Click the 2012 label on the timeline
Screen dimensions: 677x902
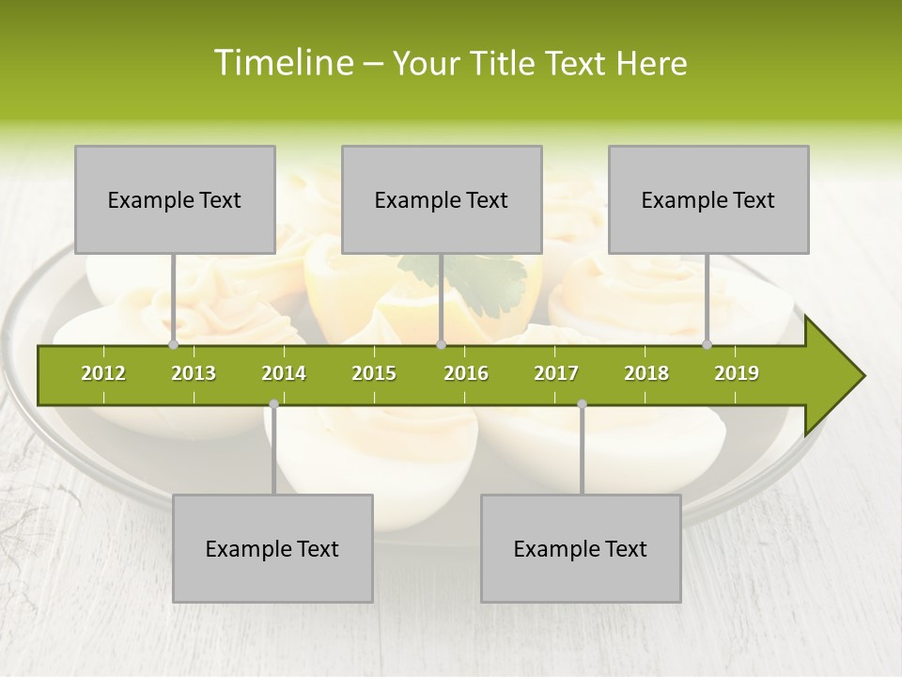click(103, 373)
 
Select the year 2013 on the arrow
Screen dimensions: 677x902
click(194, 373)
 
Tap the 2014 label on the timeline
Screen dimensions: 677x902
click(284, 373)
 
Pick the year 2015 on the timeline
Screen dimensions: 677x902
click(374, 373)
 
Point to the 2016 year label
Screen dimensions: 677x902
click(466, 373)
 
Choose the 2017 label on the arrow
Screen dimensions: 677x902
click(556, 373)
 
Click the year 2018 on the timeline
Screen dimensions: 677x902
click(646, 373)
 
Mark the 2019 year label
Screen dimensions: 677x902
click(737, 373)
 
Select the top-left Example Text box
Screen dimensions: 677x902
click(175, 199)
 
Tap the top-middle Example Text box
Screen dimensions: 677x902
click(442, 199)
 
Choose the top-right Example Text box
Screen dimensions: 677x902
click(708, 199)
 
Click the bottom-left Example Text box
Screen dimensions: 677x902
click(272, 548)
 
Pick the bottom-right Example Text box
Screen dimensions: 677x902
click(581, 548)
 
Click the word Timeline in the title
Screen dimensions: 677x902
click(282, 63)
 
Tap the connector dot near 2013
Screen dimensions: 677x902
click(174, 345)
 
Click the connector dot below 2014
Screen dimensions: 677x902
click(273, 404)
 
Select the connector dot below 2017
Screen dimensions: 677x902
click(582, 404)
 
